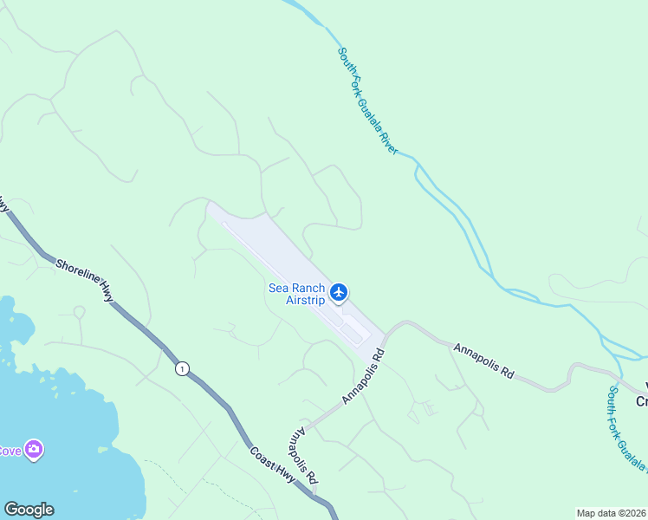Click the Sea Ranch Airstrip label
[x=296, y=295]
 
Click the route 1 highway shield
[x=180, y=369]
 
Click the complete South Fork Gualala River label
[x=367, y=101]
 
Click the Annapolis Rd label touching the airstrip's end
[x=363, y=377]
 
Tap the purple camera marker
[x=34, y=449]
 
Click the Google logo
[x=29, y=510]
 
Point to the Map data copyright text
[x=612, y=513]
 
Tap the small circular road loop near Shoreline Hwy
[x=79, y=311]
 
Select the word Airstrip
[x=305, y=301]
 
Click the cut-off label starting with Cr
[x=641, y=401]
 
